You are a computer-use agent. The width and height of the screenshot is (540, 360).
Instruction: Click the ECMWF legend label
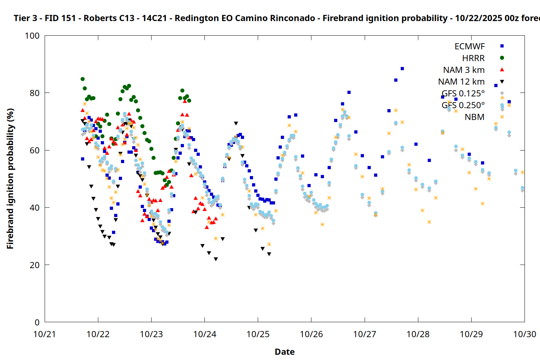tap(469, 46)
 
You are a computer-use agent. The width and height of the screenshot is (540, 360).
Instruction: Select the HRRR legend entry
tap(473, 58)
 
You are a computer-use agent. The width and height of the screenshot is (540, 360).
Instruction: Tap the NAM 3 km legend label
tap(464, 70)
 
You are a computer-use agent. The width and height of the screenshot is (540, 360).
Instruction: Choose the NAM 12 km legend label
tap(461, 82)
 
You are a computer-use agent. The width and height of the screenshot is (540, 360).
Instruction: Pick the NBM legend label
tap(474, 117)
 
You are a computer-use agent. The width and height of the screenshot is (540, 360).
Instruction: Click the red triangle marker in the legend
tap(502, 69)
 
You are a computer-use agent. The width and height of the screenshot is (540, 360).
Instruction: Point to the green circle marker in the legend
tap(502, 58)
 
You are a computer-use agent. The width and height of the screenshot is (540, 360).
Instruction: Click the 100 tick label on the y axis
tap(32, 36)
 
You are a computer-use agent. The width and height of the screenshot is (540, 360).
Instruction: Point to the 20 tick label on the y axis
tap(35, 265)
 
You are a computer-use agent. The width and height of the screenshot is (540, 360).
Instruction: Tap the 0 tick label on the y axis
tap(37, 323)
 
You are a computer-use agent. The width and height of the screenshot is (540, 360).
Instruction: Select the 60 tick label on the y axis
tap(35, 150)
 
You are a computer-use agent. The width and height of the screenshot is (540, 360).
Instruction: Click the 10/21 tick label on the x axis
tap(45, 334)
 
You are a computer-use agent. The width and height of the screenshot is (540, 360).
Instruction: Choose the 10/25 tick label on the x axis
tap(258, 334)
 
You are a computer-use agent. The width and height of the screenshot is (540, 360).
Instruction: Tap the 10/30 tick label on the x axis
tap(525, 334)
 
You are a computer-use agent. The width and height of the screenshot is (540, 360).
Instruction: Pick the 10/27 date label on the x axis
tap(365, 334)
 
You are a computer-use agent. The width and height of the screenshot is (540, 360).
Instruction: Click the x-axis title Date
tap(284, 352)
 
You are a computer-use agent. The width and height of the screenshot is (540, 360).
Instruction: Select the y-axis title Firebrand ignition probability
tap(10, 179)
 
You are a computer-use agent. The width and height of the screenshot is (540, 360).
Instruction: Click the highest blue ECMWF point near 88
tap(402, 68)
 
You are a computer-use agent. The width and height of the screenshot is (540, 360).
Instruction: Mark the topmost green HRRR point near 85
tap(82, 79)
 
